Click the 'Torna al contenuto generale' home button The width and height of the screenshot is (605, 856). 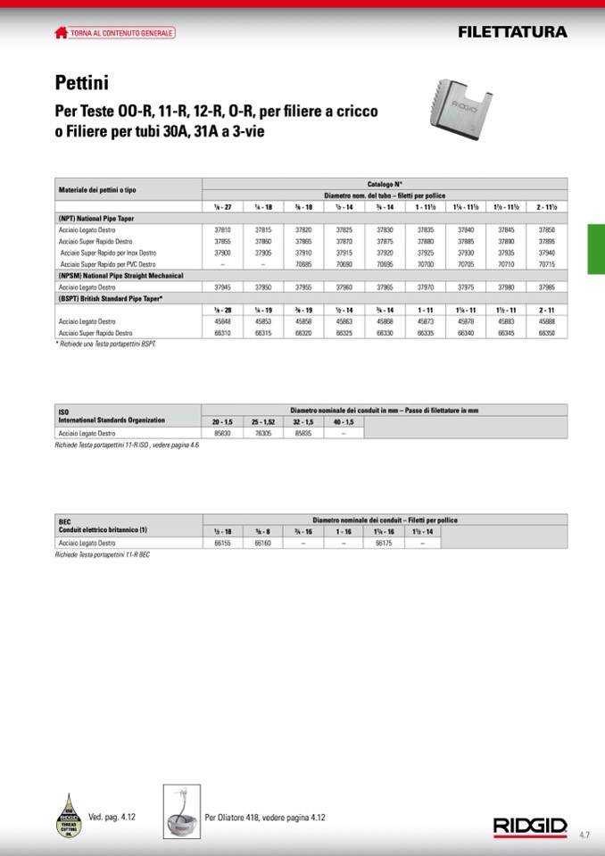pyautogui.click(x=114, y=33)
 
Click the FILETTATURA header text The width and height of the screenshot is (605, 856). pyautogui.click(x=512, y=32)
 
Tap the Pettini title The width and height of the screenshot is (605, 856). pyautogui.click(x=81, y=84)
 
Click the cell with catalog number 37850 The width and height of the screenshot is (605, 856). pyautogui.click(x=547, y=229)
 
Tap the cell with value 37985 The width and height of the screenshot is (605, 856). pyautogui.click(x=547, y=287)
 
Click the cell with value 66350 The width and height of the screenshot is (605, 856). pyautogui.click(x=547, y=333)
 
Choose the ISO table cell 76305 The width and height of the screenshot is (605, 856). pyautogui.click(x=263, y=433)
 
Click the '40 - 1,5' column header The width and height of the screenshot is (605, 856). pyautogui.click(x=344, y=421)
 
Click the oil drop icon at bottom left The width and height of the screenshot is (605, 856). pyautogui.click(x=70, y=815)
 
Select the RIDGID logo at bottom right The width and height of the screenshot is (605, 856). pyautogui.click(x=530, y=827)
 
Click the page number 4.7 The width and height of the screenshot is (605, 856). pyautogui.click(x=584, y=835)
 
